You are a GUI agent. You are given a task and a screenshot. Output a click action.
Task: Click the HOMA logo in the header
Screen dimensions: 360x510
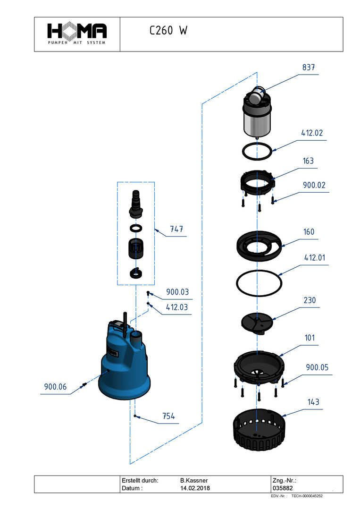[77, 34]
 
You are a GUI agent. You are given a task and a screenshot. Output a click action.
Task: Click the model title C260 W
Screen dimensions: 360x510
[168, 30]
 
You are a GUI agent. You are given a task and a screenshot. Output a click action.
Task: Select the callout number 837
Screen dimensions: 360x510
[309, 68]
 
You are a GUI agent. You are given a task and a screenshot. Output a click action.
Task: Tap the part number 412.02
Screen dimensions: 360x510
[312, 133]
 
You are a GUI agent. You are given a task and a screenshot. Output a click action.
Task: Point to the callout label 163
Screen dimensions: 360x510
[309, 161]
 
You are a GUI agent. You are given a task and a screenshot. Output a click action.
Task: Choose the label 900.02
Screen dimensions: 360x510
[314, 185]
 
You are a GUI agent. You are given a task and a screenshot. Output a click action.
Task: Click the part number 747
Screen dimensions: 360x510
[176, 229]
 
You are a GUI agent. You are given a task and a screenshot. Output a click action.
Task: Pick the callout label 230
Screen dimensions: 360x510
[310, 300]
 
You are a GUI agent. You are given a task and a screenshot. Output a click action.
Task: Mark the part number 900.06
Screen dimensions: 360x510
[55, 387]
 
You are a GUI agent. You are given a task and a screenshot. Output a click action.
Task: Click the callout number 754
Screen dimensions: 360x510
[168, 416]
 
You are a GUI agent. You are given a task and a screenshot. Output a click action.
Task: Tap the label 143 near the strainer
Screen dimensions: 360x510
[314, 402]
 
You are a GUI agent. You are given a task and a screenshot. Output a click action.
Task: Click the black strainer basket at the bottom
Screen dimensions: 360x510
[259, 430]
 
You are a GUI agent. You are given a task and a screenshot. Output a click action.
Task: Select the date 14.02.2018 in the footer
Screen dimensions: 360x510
[195, 488]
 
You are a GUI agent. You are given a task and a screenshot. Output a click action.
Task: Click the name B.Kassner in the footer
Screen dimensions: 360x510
[194, 480]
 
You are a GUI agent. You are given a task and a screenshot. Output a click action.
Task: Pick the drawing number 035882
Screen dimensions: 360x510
[283, 488]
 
